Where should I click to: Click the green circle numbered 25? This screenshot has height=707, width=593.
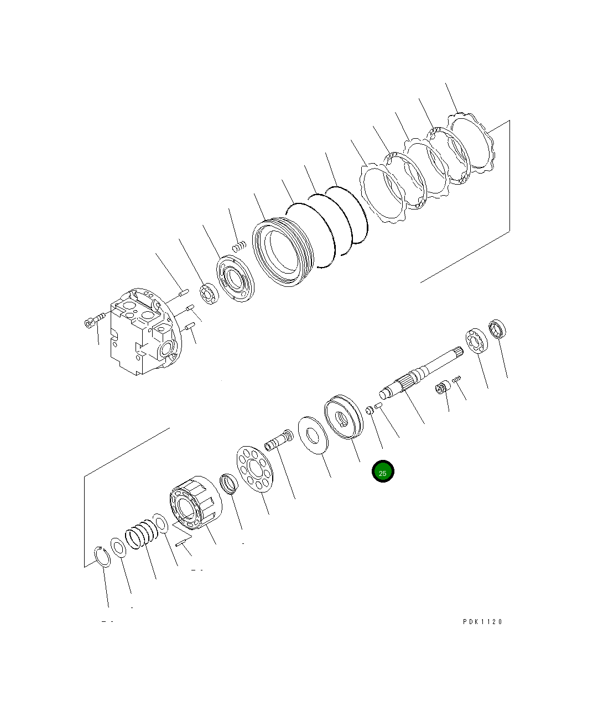383,471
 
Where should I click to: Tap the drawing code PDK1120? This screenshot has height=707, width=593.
482,622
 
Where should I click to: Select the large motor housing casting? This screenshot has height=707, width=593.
146,332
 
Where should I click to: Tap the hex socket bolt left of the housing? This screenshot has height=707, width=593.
95,320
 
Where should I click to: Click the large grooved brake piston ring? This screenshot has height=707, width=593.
283,252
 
